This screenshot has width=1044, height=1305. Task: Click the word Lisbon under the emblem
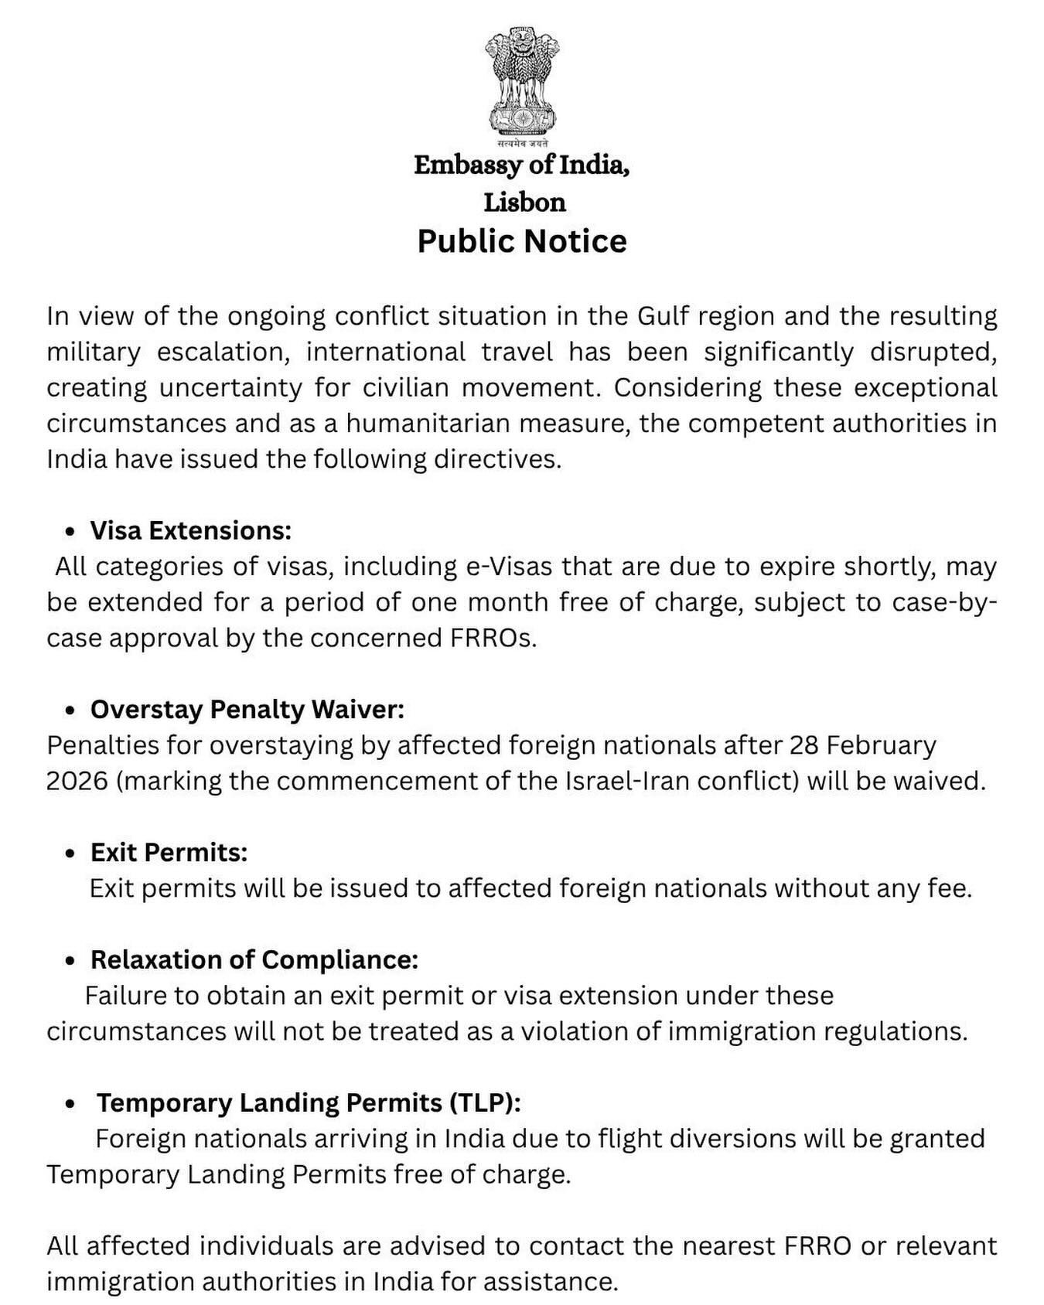[524, 203]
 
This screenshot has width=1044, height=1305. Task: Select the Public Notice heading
[522, 241]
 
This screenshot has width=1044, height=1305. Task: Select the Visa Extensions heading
[190, 530]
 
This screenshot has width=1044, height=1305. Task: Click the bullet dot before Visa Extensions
[71, 532]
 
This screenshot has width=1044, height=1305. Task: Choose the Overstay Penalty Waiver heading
[247, 709]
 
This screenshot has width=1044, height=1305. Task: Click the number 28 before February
[803, 745]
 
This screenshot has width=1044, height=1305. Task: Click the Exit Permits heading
[169, 852]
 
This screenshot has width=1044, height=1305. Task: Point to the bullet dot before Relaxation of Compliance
[71, 961]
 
